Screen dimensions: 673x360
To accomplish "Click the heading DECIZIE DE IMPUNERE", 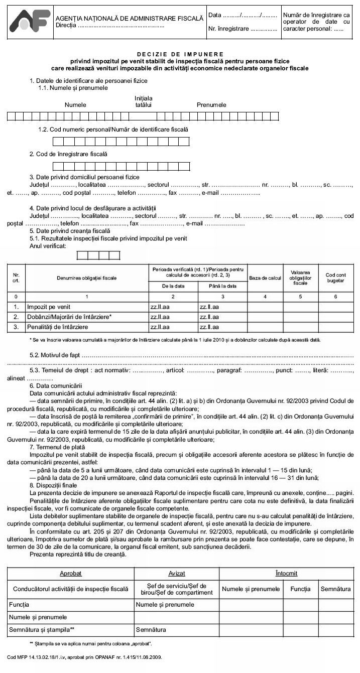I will coord(180,54).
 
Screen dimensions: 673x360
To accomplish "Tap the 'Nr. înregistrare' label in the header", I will coord(228,29).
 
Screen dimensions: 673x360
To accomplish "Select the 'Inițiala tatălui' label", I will coord(144,101).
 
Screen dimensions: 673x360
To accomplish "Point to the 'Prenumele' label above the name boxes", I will coord(211,105).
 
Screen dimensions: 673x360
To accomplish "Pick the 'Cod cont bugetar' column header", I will coord(335,278).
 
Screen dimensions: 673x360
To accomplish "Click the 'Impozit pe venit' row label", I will coord(49,306).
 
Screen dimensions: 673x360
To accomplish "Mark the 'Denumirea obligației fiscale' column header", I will coord(87,278).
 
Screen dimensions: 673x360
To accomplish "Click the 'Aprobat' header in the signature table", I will coord(70,573).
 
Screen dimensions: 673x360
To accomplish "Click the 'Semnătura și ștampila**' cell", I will coord(42,629).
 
